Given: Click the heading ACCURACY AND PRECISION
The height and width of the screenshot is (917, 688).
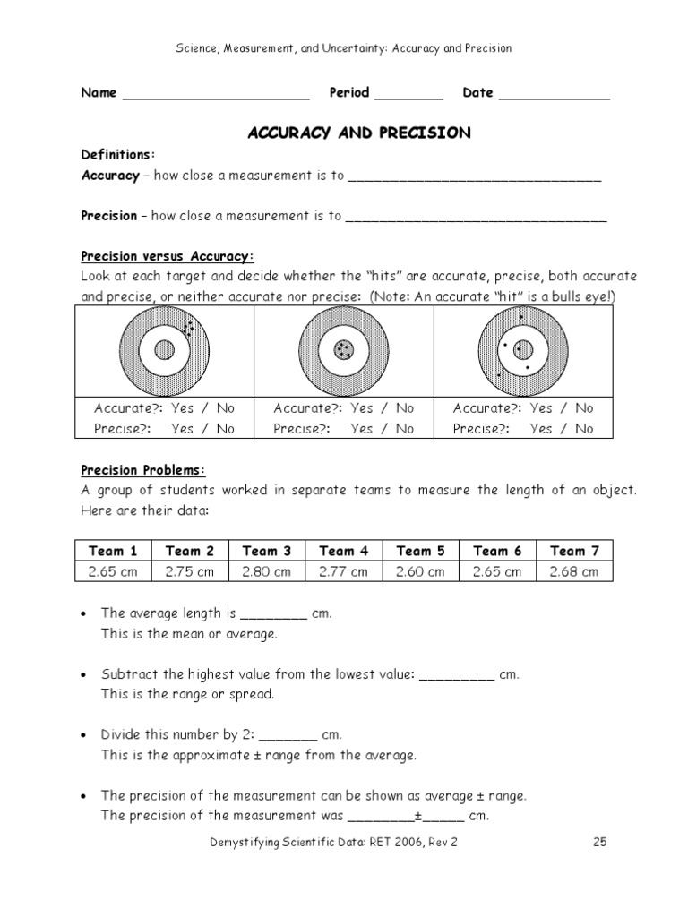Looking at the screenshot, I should [x=358, y=133].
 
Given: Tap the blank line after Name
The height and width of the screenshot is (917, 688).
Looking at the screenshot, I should [x=215, y=96].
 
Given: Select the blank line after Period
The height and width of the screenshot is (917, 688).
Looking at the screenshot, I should [x=408, y=96].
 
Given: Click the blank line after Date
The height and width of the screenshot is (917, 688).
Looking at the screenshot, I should [x=554, y=96].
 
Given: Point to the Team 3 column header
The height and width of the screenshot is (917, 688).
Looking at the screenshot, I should [x=267, y=551].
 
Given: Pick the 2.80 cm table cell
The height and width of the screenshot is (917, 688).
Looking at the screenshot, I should [x=267, y=571].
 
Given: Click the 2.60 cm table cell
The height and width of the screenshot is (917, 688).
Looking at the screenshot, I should [x=420, y=571].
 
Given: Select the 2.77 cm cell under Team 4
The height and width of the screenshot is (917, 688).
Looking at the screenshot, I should [x=344, y=571].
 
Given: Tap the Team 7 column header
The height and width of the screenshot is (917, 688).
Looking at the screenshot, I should [x=573, y=551].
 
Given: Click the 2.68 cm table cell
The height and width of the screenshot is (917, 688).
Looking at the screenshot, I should [x=573, y=571].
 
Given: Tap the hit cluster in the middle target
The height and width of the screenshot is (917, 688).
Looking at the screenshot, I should [x=343, y=350].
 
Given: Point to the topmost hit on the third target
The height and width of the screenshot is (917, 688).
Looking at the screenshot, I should [x=521, y=318].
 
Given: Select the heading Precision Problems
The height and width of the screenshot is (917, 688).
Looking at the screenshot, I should [x=143, y=470].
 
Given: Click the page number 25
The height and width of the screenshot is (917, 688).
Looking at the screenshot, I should [x=600, y=842].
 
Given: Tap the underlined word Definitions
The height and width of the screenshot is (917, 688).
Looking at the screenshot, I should [x=117, y=154].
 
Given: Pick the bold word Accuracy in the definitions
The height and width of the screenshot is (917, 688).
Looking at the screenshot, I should [x=110, y=176].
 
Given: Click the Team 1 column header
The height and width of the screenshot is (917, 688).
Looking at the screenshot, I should [x=114, y=551].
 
